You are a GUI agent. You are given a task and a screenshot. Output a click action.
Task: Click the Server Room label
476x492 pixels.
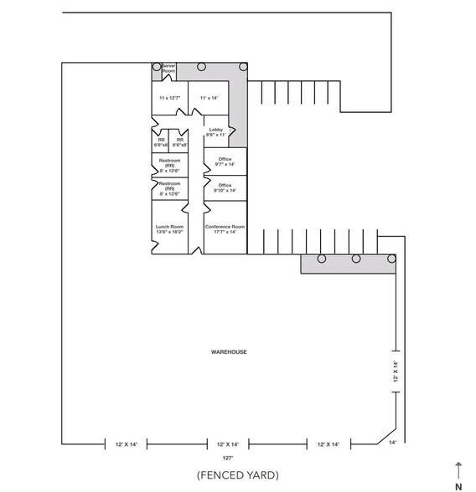[168, 69]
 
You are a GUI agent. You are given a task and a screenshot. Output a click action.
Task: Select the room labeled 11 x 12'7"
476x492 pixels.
[168, 98]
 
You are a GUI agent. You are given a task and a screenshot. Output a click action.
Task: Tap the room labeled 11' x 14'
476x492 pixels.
[209, 98]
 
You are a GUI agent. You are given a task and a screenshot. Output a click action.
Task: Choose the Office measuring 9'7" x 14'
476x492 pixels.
[224, 162]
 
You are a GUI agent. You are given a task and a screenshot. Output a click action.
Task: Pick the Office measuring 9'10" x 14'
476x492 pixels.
[224, 188]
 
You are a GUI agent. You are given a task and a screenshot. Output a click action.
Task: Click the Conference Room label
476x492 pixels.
[225, 229]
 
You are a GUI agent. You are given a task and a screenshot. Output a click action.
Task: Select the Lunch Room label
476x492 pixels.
[169, 229]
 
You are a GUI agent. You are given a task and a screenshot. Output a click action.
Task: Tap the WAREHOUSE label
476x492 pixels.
[228, 352]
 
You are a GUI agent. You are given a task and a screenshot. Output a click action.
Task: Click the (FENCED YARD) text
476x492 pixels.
[237, 475]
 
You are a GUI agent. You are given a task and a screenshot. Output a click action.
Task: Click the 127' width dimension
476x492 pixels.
[227, 459]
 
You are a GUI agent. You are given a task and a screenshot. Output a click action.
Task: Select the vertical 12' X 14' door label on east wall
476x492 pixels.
[395, 372]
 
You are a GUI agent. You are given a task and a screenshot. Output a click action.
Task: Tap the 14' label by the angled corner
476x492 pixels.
[392, 442]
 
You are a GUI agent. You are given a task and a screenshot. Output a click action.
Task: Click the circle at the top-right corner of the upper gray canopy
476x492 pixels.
[243, 66]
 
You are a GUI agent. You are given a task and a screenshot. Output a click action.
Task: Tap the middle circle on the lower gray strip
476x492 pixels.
[356, 259]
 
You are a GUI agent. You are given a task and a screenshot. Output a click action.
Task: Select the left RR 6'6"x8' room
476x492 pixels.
[162, 142]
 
